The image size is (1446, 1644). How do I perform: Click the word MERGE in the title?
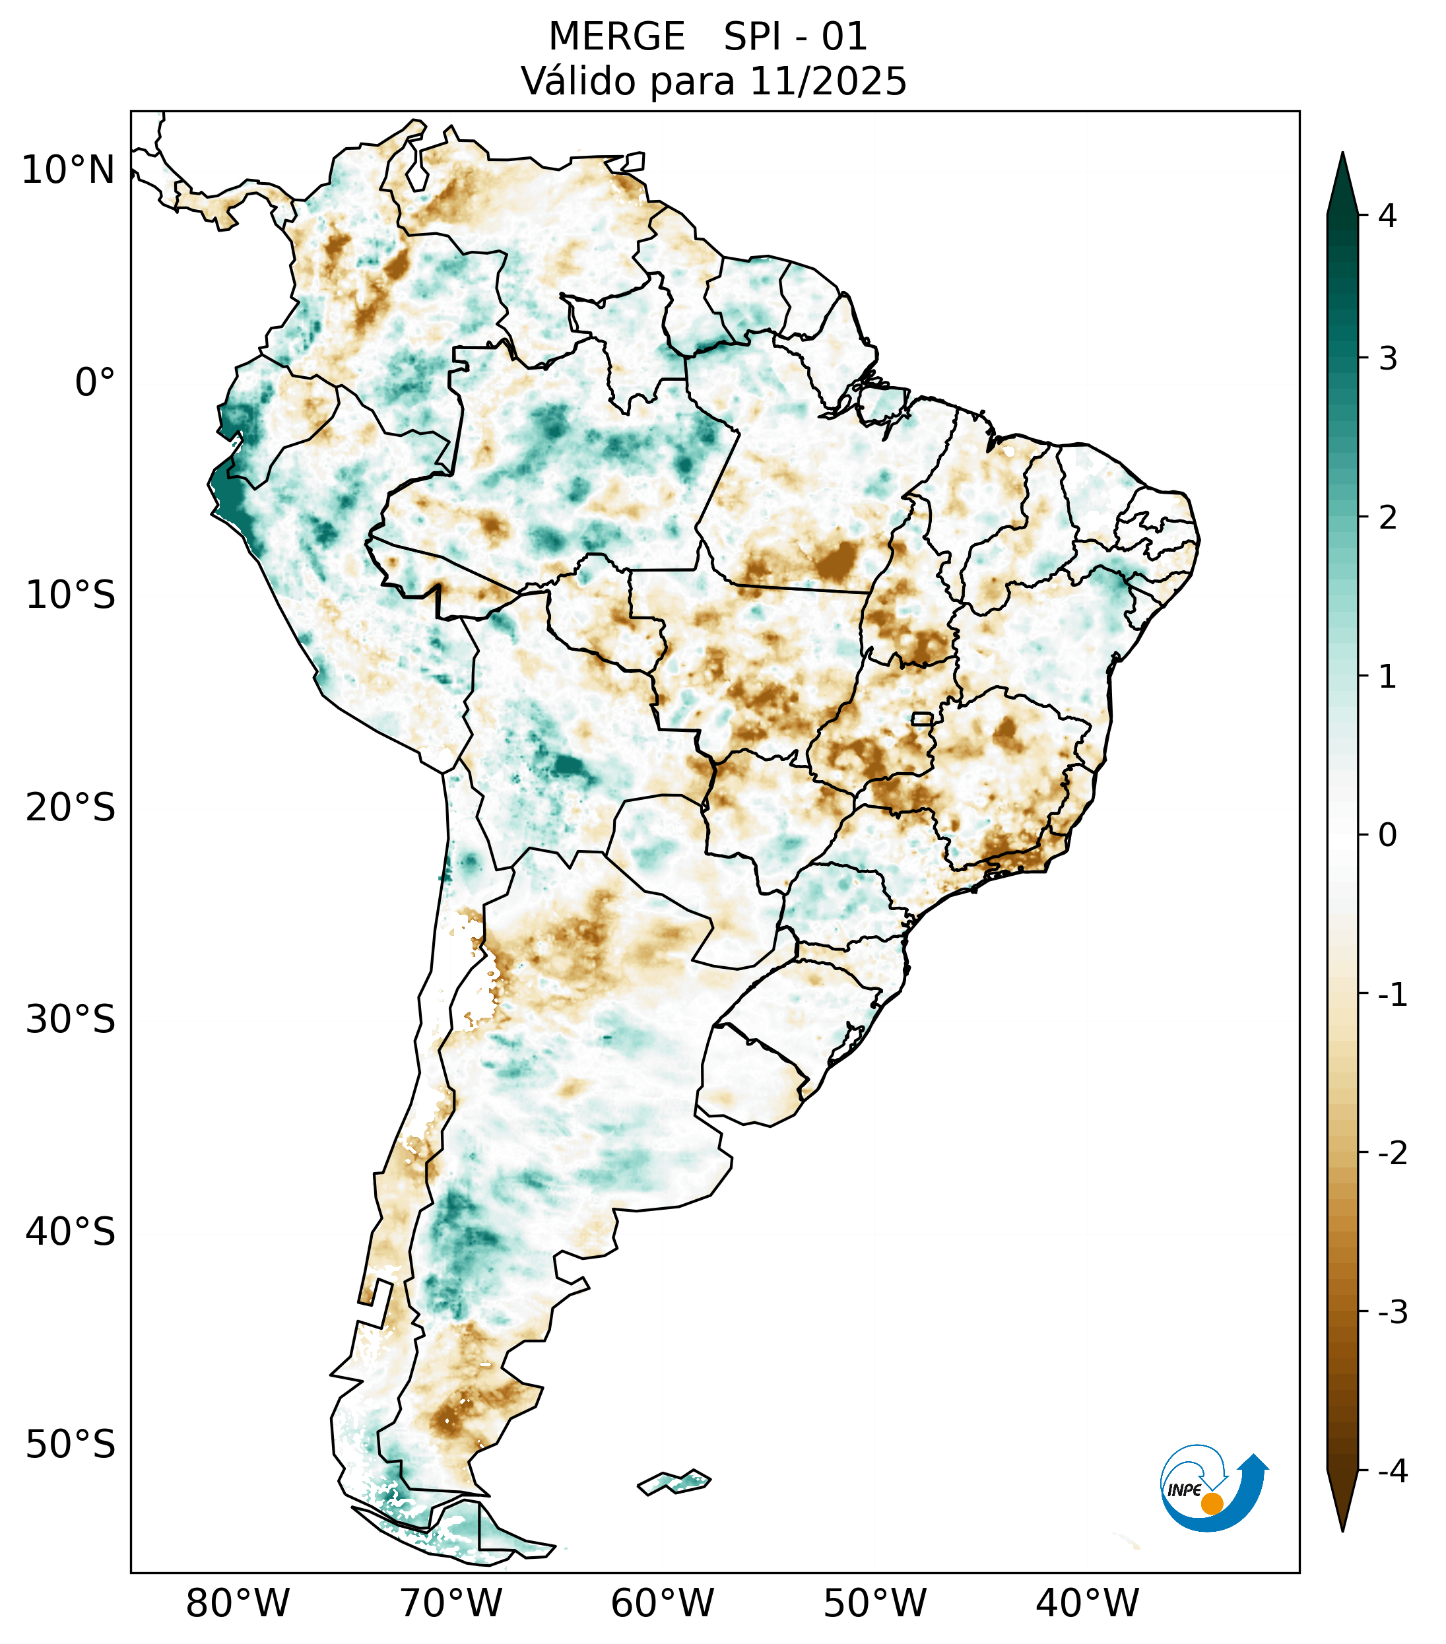[x=617, y=37]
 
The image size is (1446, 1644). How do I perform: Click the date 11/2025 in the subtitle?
[x=828, y=81]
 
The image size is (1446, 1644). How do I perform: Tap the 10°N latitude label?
[x=69, y=170]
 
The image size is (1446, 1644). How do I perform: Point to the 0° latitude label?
[x=95, y=383]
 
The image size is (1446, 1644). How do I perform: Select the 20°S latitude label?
[x=71, y=808]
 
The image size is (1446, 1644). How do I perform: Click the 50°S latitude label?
[x=71, y=1445]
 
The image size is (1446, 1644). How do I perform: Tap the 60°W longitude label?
[x=662, y=1603]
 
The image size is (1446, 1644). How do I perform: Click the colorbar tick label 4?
[x=1387, y=216]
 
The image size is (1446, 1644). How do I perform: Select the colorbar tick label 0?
[x=1387, y=836]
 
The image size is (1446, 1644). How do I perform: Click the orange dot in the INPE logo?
[x=1211, y=1503]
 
